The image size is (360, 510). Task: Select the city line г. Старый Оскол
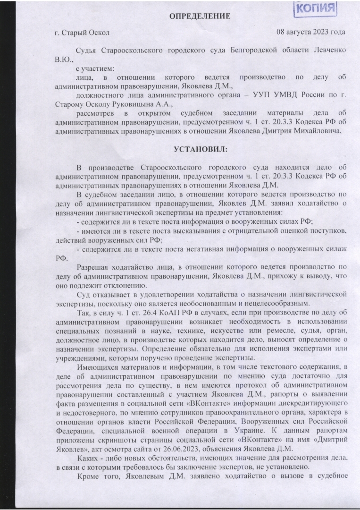click(82, 33)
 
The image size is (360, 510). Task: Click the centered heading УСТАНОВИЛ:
click(200, 150)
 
